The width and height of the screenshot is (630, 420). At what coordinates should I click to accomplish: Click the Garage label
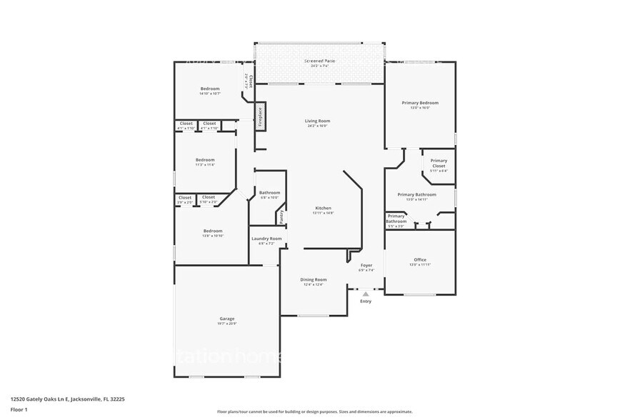[x=226, y=319]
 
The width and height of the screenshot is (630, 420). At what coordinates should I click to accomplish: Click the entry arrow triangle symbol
[x=366, y=294]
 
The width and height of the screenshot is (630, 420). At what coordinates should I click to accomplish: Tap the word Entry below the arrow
[x=366, y=301]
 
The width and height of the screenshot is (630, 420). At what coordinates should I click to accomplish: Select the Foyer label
[x=366, y=265]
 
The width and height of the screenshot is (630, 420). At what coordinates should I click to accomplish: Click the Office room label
[x=420, y=259]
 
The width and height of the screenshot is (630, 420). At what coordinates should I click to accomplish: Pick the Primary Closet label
[x=439, y=163]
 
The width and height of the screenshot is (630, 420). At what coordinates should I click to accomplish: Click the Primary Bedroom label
[x=420, y=103]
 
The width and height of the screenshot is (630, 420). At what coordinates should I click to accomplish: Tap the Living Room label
[x=318, y=121]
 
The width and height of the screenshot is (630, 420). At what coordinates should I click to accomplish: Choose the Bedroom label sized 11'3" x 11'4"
[x=205, y=159]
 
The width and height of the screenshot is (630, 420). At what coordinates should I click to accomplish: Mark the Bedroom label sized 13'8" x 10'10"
[x=212, y=231]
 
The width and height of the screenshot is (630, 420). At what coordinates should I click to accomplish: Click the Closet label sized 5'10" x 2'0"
[x=209, y=197]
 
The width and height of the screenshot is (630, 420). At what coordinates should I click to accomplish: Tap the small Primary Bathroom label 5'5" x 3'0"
[x=396, y=219]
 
